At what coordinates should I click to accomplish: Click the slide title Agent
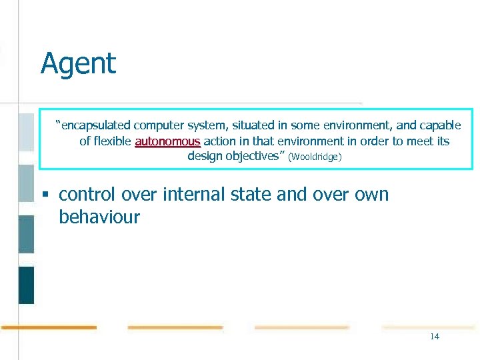tap(78, 64)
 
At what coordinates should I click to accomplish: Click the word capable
tap(440, 125)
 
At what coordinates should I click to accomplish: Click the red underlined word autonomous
tap(167, 141)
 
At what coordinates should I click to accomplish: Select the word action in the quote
tap(219, 141)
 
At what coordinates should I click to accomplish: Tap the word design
tap(205, 157)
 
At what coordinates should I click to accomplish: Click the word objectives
tap(253, 157)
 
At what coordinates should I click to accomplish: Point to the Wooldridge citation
tap(315, 157)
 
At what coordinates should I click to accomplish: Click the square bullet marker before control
tap(45, 195)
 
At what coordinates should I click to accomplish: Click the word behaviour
tap(99, 217)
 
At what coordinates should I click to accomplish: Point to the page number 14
tap(434, 337)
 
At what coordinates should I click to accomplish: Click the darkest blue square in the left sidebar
tap(26, 285)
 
